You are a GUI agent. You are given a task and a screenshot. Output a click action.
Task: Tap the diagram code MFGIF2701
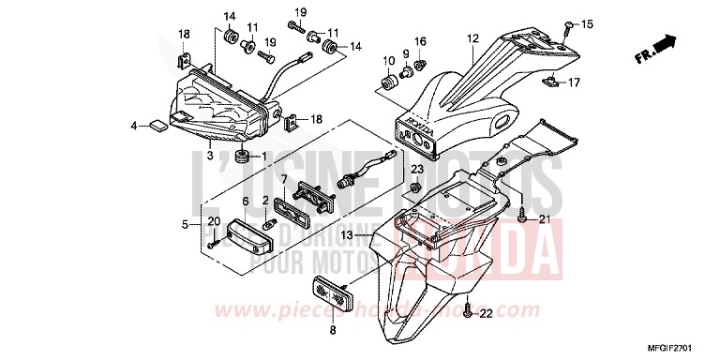[686, 350]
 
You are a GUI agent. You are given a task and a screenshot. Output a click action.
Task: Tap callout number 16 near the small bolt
[421, 42]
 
